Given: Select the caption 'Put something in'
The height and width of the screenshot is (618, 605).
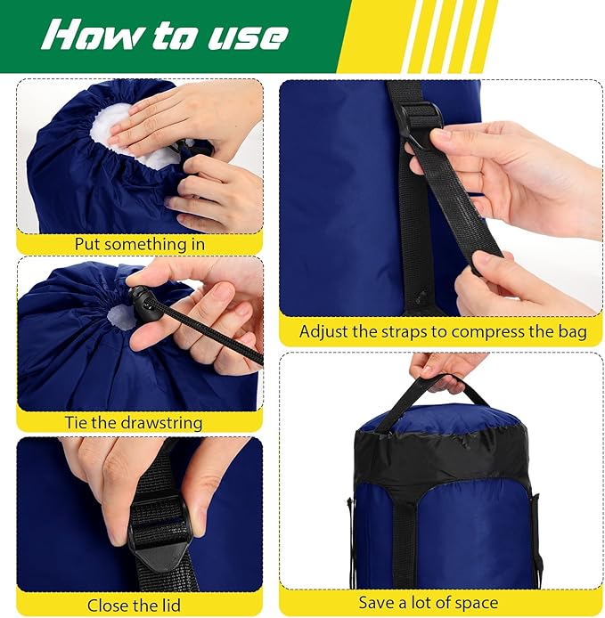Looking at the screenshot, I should [140, 244].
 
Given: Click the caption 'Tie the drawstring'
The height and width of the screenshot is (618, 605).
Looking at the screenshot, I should [134, 423].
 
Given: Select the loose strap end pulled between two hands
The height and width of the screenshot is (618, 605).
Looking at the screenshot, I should [463, 205].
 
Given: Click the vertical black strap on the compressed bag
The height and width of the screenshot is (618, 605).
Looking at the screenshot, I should [405, 534].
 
